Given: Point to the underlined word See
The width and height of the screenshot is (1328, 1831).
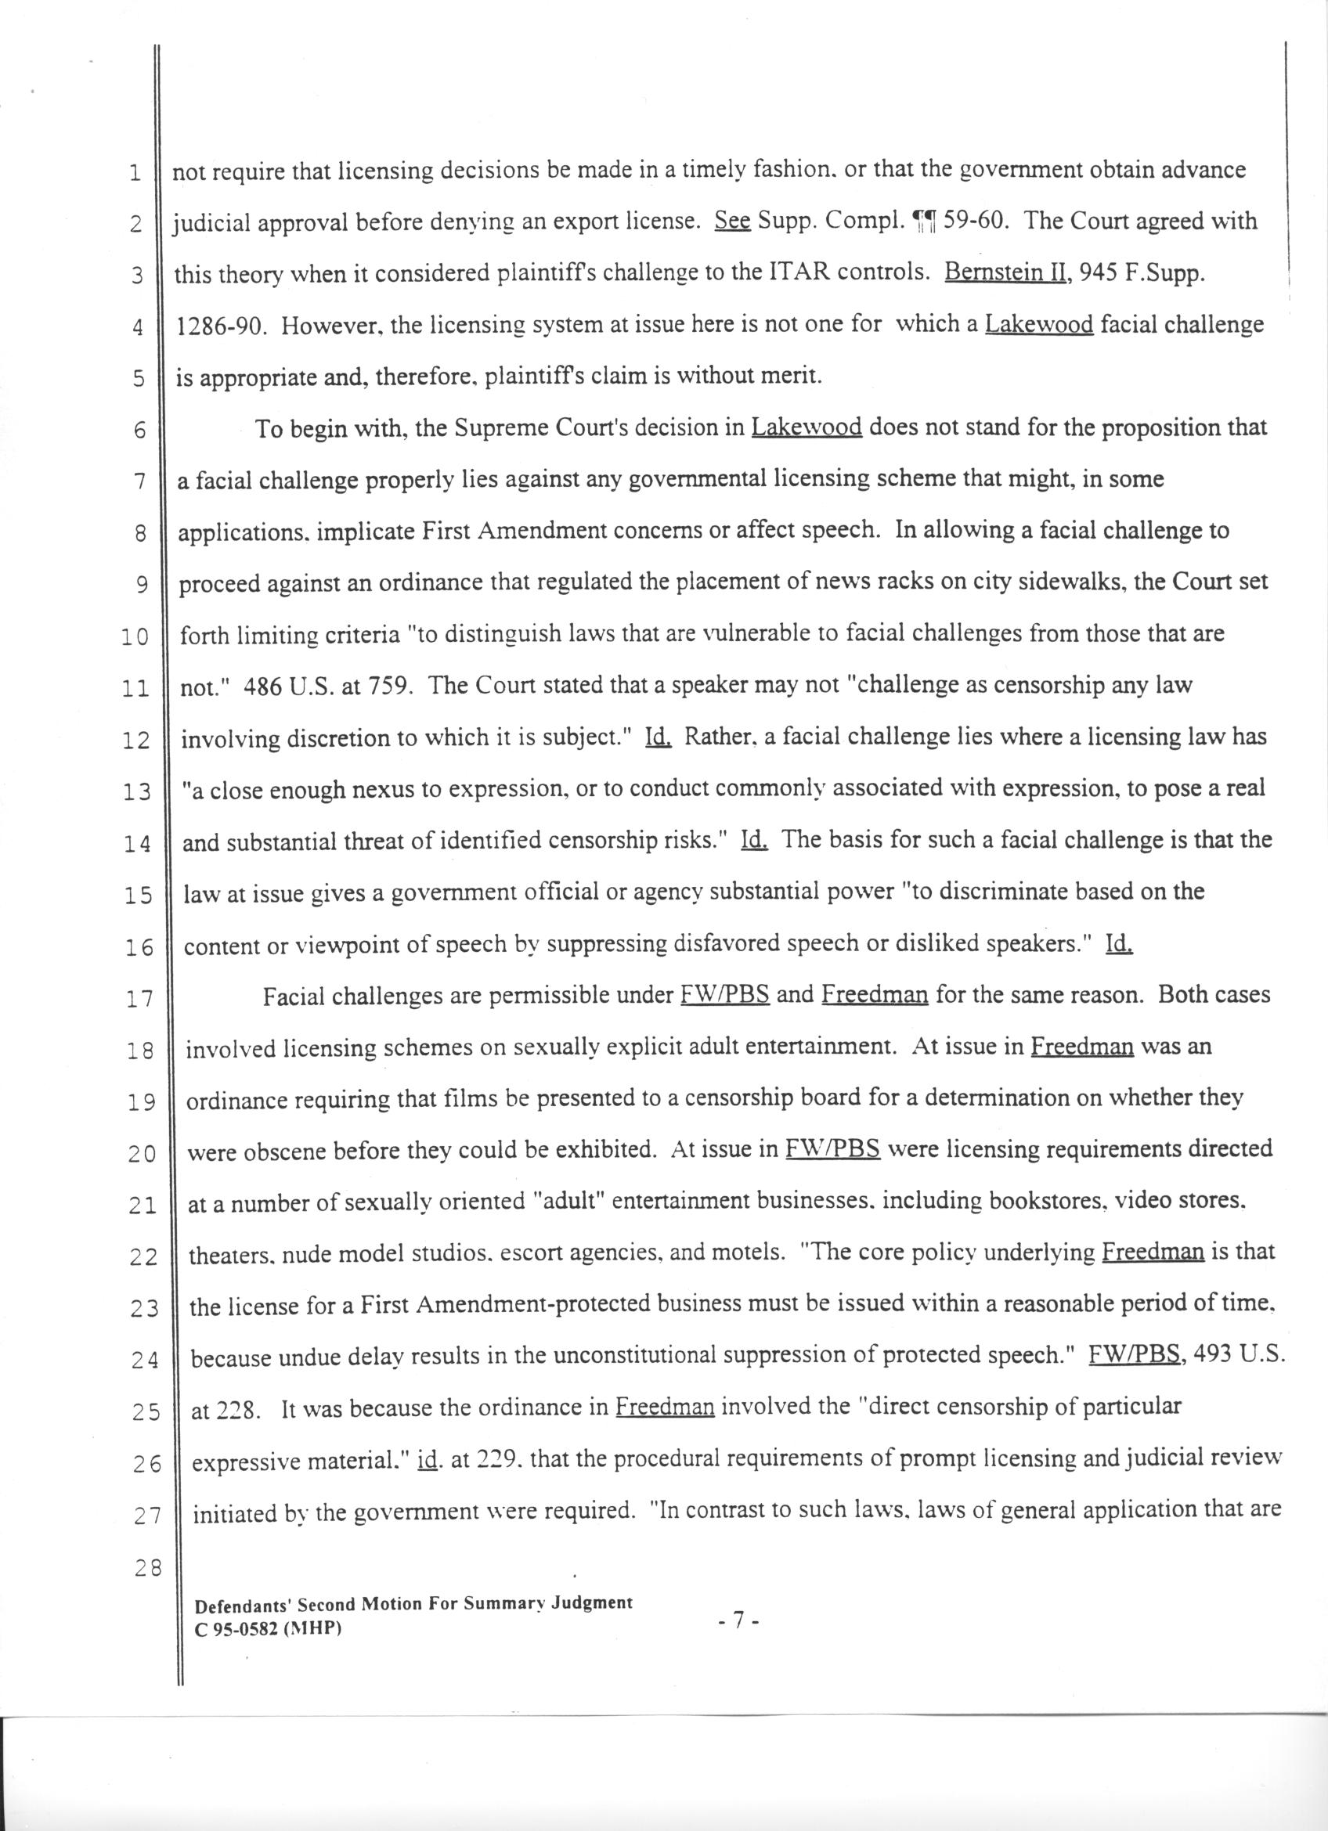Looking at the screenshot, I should pos(733,221).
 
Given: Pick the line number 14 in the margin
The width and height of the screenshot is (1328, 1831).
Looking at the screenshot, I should pos(139,845).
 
